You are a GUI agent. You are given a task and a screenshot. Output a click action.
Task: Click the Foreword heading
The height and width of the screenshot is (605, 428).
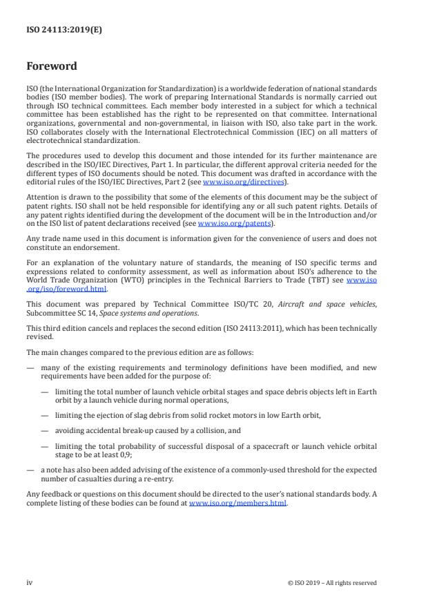tap(52, 67)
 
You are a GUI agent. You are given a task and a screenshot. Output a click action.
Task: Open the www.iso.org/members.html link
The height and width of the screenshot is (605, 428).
tap(237, 503)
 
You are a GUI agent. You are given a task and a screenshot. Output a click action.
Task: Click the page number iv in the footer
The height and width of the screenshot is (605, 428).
tap(30, 582)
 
